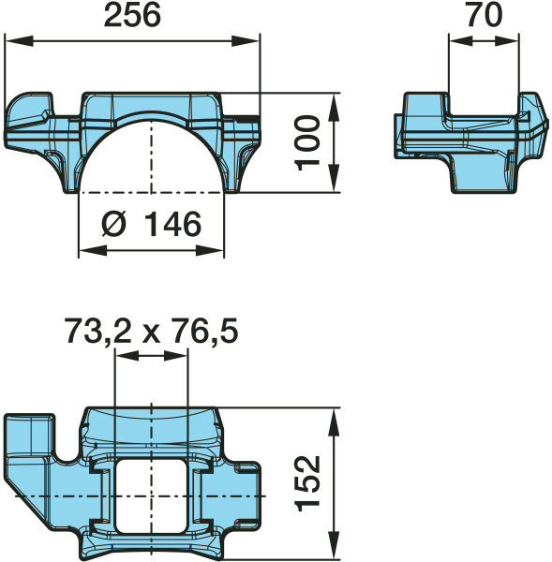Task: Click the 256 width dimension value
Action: (x=131, y=15)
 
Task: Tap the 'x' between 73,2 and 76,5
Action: (x=149, y=332)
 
